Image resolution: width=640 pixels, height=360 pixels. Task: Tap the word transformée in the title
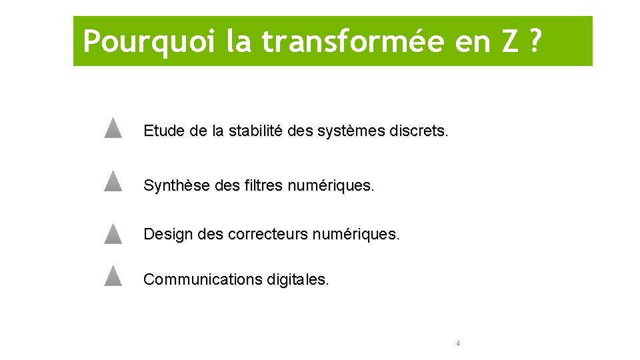point(353,42)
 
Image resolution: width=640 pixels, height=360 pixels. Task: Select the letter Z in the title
point(509,42)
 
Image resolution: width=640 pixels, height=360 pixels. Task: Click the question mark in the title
point(534,42)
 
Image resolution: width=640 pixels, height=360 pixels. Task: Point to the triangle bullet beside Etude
point(113,127)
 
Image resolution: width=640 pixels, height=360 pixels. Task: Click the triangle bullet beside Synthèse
point(113,181)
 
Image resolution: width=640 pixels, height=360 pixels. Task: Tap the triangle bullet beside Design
point(113,234)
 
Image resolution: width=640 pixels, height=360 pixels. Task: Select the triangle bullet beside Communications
point(113,276)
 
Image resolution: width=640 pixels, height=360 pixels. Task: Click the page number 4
point(458,343)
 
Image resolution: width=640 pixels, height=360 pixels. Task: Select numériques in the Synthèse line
point(331,185)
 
